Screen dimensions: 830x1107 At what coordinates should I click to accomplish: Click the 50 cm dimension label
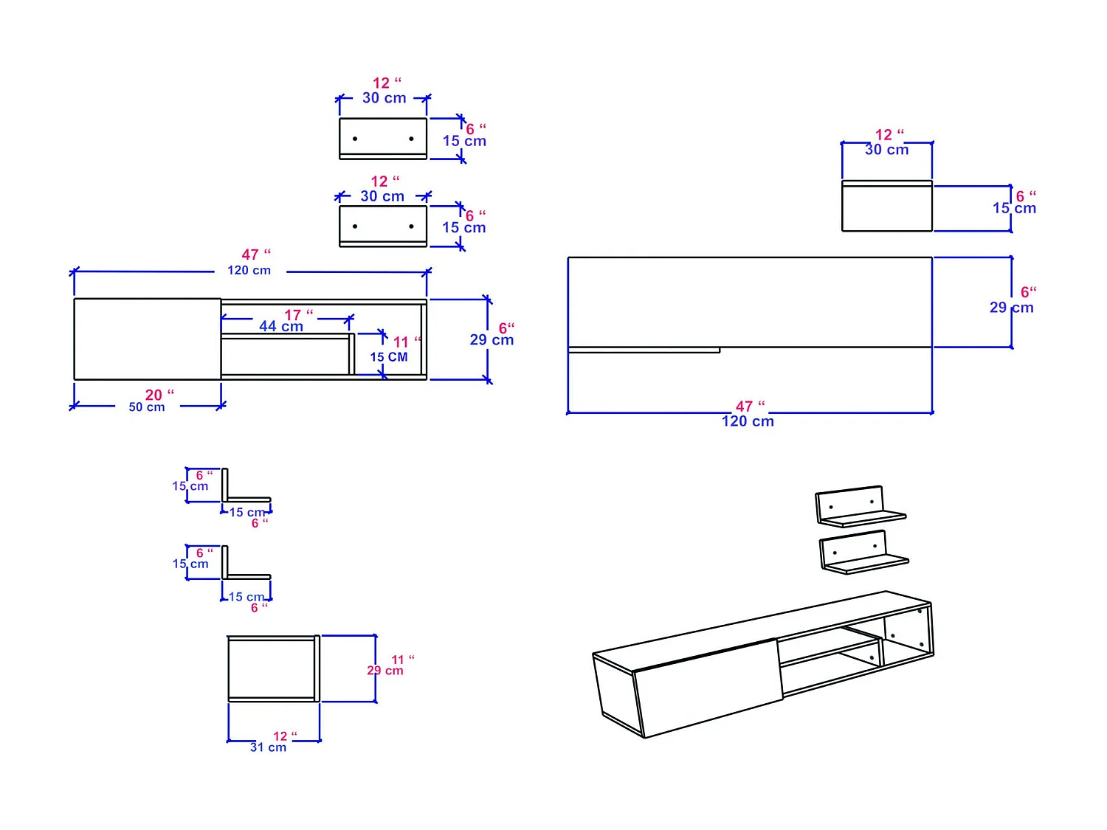[147, 407]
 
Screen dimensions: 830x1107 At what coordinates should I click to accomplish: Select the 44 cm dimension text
[280, 327]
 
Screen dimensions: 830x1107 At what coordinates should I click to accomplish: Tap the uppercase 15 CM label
[388, 357]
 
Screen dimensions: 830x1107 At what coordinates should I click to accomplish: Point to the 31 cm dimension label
[268, 747]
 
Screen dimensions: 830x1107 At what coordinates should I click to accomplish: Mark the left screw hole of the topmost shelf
[355, 139]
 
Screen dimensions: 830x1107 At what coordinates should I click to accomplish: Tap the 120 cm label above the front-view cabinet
[249, 271]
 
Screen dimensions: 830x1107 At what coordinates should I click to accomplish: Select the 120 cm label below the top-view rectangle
[748, 421]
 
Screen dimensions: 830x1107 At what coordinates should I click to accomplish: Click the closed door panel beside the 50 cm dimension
[148, 339]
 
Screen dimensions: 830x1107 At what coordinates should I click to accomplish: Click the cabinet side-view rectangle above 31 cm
[272, 668]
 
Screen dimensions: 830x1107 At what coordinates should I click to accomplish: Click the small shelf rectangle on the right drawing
[886, 207]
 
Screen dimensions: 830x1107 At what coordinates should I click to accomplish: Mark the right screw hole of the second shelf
[411, 226]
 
